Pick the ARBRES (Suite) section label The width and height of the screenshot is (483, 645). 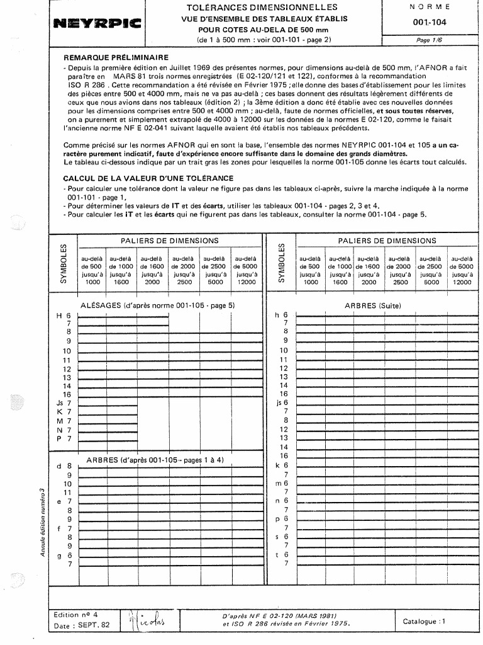point(373,305)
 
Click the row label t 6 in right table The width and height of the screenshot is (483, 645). point(281,554)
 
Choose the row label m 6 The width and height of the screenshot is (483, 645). point(281,483)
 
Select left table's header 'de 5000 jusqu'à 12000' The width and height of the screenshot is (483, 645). point(245,270)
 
